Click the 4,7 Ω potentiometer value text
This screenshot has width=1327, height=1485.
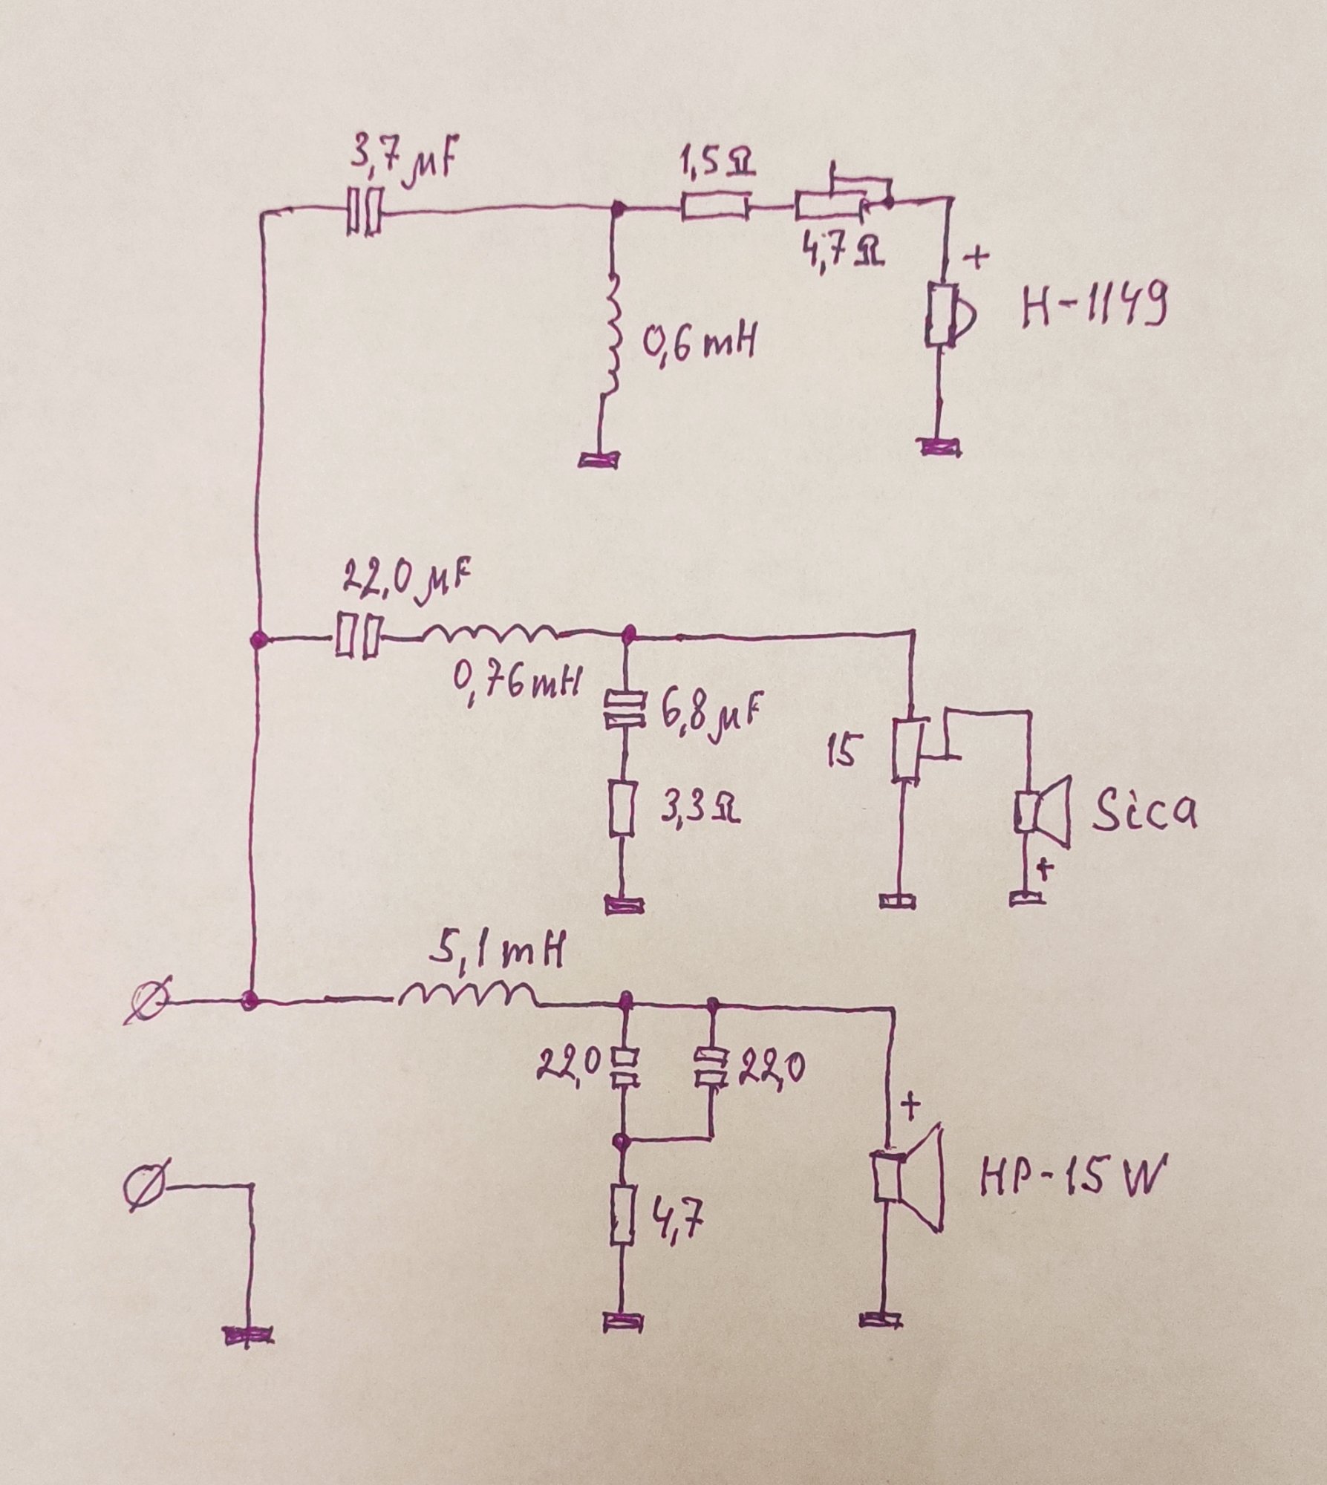[x=841, y=255]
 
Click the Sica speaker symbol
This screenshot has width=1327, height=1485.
[x=1041, y=812]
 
